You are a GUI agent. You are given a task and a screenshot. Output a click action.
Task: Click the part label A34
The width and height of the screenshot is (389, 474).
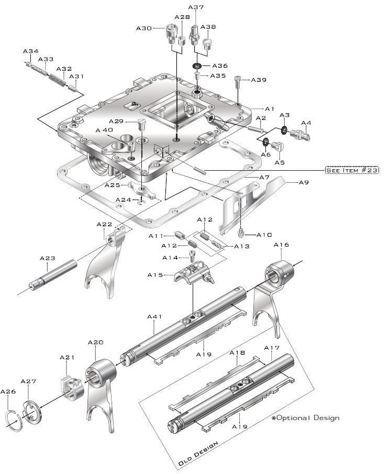click(30, 51)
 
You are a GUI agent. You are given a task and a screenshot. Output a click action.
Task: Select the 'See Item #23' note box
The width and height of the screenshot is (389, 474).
click(352, 170)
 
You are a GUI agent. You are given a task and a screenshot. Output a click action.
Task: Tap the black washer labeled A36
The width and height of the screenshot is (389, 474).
click(197, 66)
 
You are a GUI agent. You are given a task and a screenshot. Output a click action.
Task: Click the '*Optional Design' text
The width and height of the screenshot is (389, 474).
click(306, 417)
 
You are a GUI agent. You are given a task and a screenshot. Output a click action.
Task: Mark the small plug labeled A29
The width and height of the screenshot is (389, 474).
click(140, 125)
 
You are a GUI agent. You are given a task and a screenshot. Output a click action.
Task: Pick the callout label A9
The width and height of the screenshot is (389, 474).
click(304, 182)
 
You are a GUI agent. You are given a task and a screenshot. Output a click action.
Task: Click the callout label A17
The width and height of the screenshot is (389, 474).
click(271, 348)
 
